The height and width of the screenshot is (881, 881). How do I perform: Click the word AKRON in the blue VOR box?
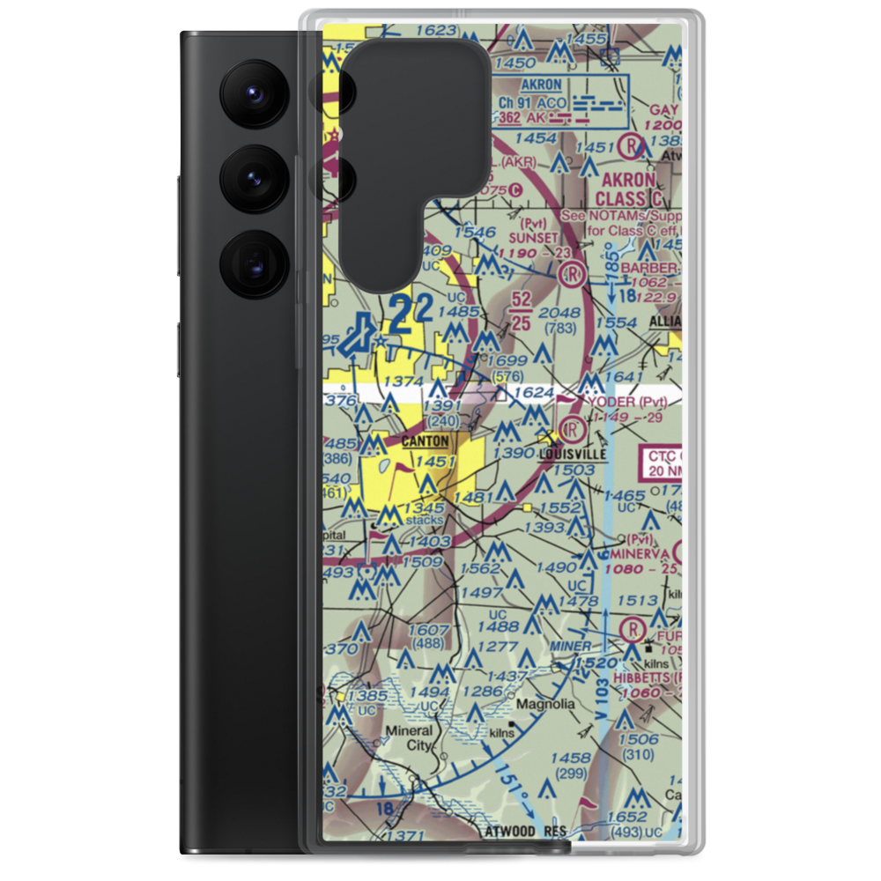click(x=541, y=85)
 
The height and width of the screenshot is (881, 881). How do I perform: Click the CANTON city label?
click(x=425, y=440)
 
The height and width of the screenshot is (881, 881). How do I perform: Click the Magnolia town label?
click(x=545, y=705)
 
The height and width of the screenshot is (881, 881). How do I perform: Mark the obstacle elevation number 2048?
click(x=559, y=313)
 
